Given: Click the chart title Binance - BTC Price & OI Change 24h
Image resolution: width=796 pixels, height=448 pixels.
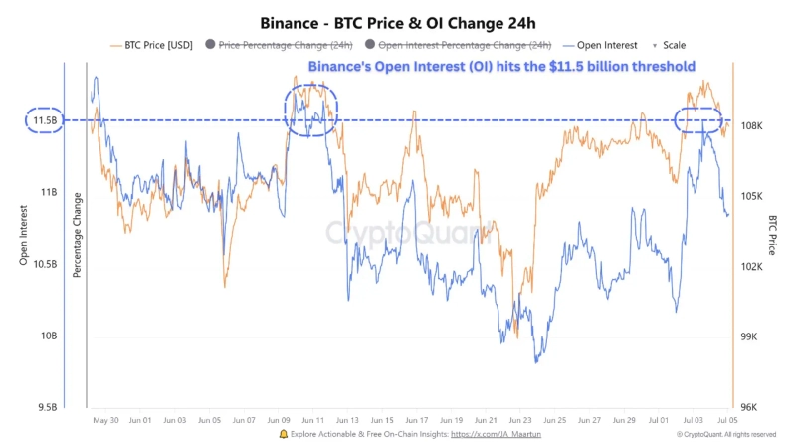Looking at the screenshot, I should [x=398, y=22].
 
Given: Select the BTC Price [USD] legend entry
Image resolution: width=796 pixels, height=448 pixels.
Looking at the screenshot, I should [x=155, y=45].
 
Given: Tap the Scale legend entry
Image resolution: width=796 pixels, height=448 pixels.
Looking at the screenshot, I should [x=673, y=45].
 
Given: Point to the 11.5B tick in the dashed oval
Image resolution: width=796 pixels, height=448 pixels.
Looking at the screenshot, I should [x=45, y=120].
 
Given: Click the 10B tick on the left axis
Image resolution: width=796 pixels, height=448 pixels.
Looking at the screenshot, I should [x=48, y=336].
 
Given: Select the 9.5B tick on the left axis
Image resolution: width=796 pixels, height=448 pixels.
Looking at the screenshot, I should [x=46, y=407].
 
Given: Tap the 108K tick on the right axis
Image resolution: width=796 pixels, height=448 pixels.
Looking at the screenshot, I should [x=752, y=126].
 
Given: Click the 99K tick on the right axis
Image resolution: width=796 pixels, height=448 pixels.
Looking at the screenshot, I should [x=750, y=337].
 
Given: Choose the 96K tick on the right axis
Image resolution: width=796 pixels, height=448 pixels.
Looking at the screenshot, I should [x=750, y=407].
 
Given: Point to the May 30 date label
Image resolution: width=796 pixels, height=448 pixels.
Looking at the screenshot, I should [x=105, y=421].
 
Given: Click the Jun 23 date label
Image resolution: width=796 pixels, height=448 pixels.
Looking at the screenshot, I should [x=520, y=421].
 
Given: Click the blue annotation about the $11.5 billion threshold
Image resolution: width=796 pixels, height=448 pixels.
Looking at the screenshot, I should [x=501, y=67].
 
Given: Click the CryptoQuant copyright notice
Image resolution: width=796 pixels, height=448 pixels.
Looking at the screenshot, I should [x=726, y=435].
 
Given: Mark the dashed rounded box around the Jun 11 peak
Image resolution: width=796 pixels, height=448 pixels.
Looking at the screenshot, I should [x=311, y=110].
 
